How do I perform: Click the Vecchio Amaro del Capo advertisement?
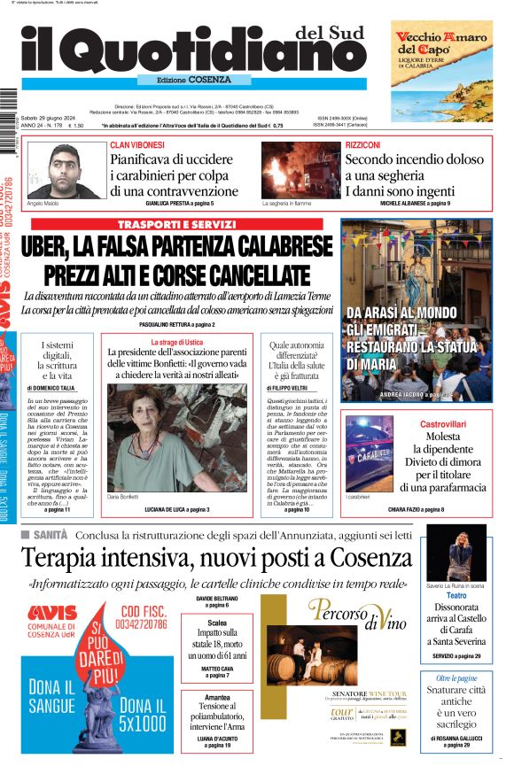[x=441, y=71]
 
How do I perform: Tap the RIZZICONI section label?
[x=363, y=144]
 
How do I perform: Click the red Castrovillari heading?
[x=443, y=425]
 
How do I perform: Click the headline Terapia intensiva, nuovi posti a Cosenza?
[x=216, y=558]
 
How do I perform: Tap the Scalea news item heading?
[x=216, y=623]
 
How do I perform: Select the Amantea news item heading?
[x=216, y=697]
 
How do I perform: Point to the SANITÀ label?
[x=51, y=536]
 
